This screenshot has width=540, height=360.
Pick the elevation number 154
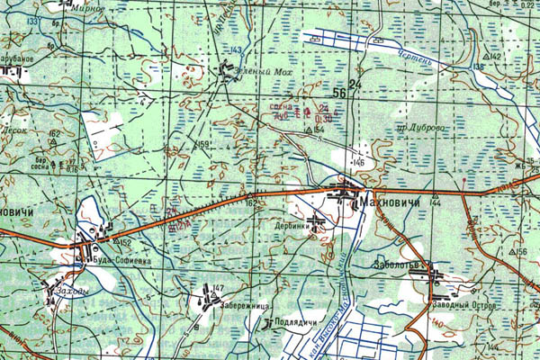319,130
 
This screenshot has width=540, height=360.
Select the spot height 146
358,161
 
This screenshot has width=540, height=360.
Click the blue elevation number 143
237,49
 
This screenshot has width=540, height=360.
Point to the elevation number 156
524,252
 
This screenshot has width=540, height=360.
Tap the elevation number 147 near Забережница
218,287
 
